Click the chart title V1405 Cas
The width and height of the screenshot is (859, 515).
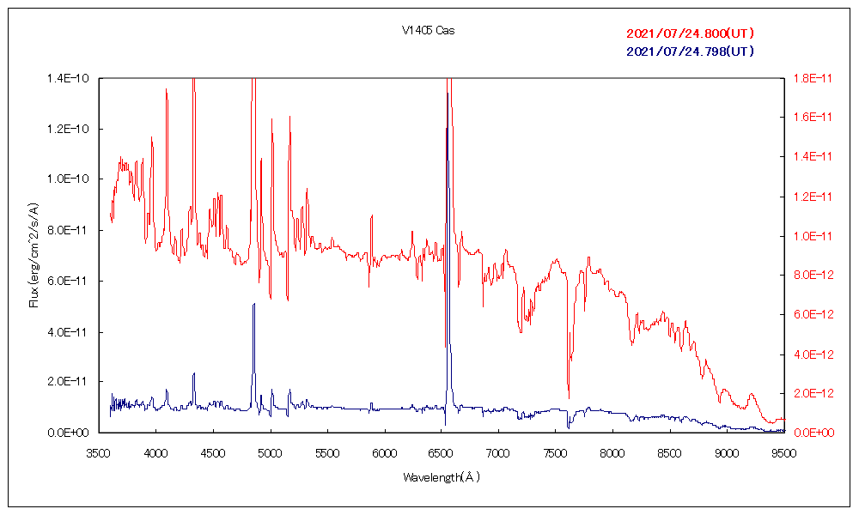click(x=428, y=31)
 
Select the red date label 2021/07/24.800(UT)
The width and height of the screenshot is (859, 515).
click(x=691, y=33)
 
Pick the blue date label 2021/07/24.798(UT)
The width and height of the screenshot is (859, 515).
click(x=691, y=51)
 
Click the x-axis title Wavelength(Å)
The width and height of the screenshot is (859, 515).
click(x=442, y=476)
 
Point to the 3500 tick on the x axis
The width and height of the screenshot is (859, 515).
click(x=99, y=452)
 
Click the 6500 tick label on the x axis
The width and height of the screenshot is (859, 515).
click(x=441, y=452)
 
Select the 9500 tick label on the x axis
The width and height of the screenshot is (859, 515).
click(x=783, y=452)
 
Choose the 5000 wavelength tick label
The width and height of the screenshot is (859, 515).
click(x=270, y=452)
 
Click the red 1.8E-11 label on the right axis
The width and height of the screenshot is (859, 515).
click(x=811, y=79)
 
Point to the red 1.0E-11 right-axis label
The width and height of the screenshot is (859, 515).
click(x=811, y=236)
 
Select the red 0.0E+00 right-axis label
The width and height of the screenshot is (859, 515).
click(x=811, y=433)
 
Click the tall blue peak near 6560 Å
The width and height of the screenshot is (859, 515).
click(x=447, y=129)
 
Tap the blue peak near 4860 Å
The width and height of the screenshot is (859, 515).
click(x=253, y=305)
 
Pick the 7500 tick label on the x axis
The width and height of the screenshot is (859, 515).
click(x=555, y=452)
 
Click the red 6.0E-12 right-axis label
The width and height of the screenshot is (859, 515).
click(x=811, y=315)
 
